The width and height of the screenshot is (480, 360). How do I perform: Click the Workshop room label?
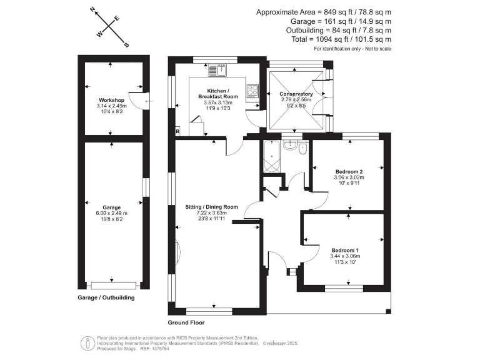(x=112, y=101)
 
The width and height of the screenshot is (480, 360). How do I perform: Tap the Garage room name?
(x=112, y=207)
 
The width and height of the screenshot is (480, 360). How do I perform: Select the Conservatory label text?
(x=296, y=94)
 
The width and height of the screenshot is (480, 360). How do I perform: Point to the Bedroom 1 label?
(x=345, y=251)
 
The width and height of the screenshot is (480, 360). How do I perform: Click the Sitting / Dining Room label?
(x=211, y=207)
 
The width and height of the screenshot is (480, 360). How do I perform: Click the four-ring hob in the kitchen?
(x=252, y=91)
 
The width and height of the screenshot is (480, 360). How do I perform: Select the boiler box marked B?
(x=177, y=131)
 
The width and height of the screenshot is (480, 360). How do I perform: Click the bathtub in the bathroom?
(x=272, y=157)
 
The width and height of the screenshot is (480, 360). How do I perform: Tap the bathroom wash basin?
(x=289, y=146)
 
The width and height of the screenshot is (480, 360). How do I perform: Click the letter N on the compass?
(x=92, y=9)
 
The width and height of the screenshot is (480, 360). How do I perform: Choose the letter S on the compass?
(x=126, y=44)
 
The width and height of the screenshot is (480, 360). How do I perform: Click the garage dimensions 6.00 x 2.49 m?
(x=112, y=213)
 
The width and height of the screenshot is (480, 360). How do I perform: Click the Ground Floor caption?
(x=186, y=323)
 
